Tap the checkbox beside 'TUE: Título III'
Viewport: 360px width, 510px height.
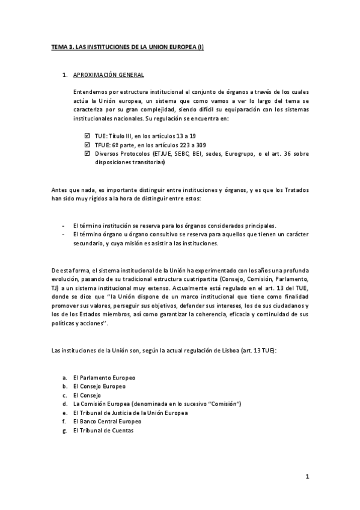[x=89, y=137]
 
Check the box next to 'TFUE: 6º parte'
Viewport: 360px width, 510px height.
[x=89, y=145]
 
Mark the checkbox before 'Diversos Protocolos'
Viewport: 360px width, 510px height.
[x=89, y=154]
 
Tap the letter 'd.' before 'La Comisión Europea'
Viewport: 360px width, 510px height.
[x=64, y=404]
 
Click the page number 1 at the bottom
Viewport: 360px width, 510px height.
[x=307, y=477]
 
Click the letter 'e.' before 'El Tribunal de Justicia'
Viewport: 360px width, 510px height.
[x=64, y=413]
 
